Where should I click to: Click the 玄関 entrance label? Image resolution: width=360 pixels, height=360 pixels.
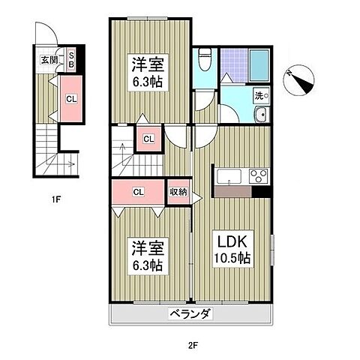[49, 60]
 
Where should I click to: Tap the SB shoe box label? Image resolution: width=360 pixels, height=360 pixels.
[71, 60]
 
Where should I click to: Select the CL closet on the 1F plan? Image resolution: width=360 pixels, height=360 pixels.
[71, 99]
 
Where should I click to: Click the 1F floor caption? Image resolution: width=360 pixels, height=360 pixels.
[56, 199]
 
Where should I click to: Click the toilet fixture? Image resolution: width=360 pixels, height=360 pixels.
[205, 59]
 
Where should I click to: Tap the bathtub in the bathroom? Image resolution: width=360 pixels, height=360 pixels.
[259, 65]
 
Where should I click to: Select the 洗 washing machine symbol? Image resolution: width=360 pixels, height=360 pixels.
[262, 95]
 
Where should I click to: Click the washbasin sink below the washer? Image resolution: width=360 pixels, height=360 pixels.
[261, 115]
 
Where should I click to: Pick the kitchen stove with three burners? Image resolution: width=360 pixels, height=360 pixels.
[259, 175]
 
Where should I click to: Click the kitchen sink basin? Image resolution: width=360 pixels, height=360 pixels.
[229, 176]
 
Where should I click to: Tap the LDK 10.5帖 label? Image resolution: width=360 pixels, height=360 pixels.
[231, 249]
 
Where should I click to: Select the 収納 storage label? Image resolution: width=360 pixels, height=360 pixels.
[178, 192]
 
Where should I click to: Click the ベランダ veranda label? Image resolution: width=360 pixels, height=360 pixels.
[190, 313]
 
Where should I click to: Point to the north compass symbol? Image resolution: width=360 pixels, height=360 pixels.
[298, 80]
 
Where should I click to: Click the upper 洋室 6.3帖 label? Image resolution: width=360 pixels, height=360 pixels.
[148, 73]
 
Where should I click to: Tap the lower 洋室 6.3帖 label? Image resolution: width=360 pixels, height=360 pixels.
[148, 256]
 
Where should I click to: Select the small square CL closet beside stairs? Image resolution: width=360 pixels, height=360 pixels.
[148, 139]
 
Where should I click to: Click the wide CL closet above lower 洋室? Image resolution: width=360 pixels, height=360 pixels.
[138, 192]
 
